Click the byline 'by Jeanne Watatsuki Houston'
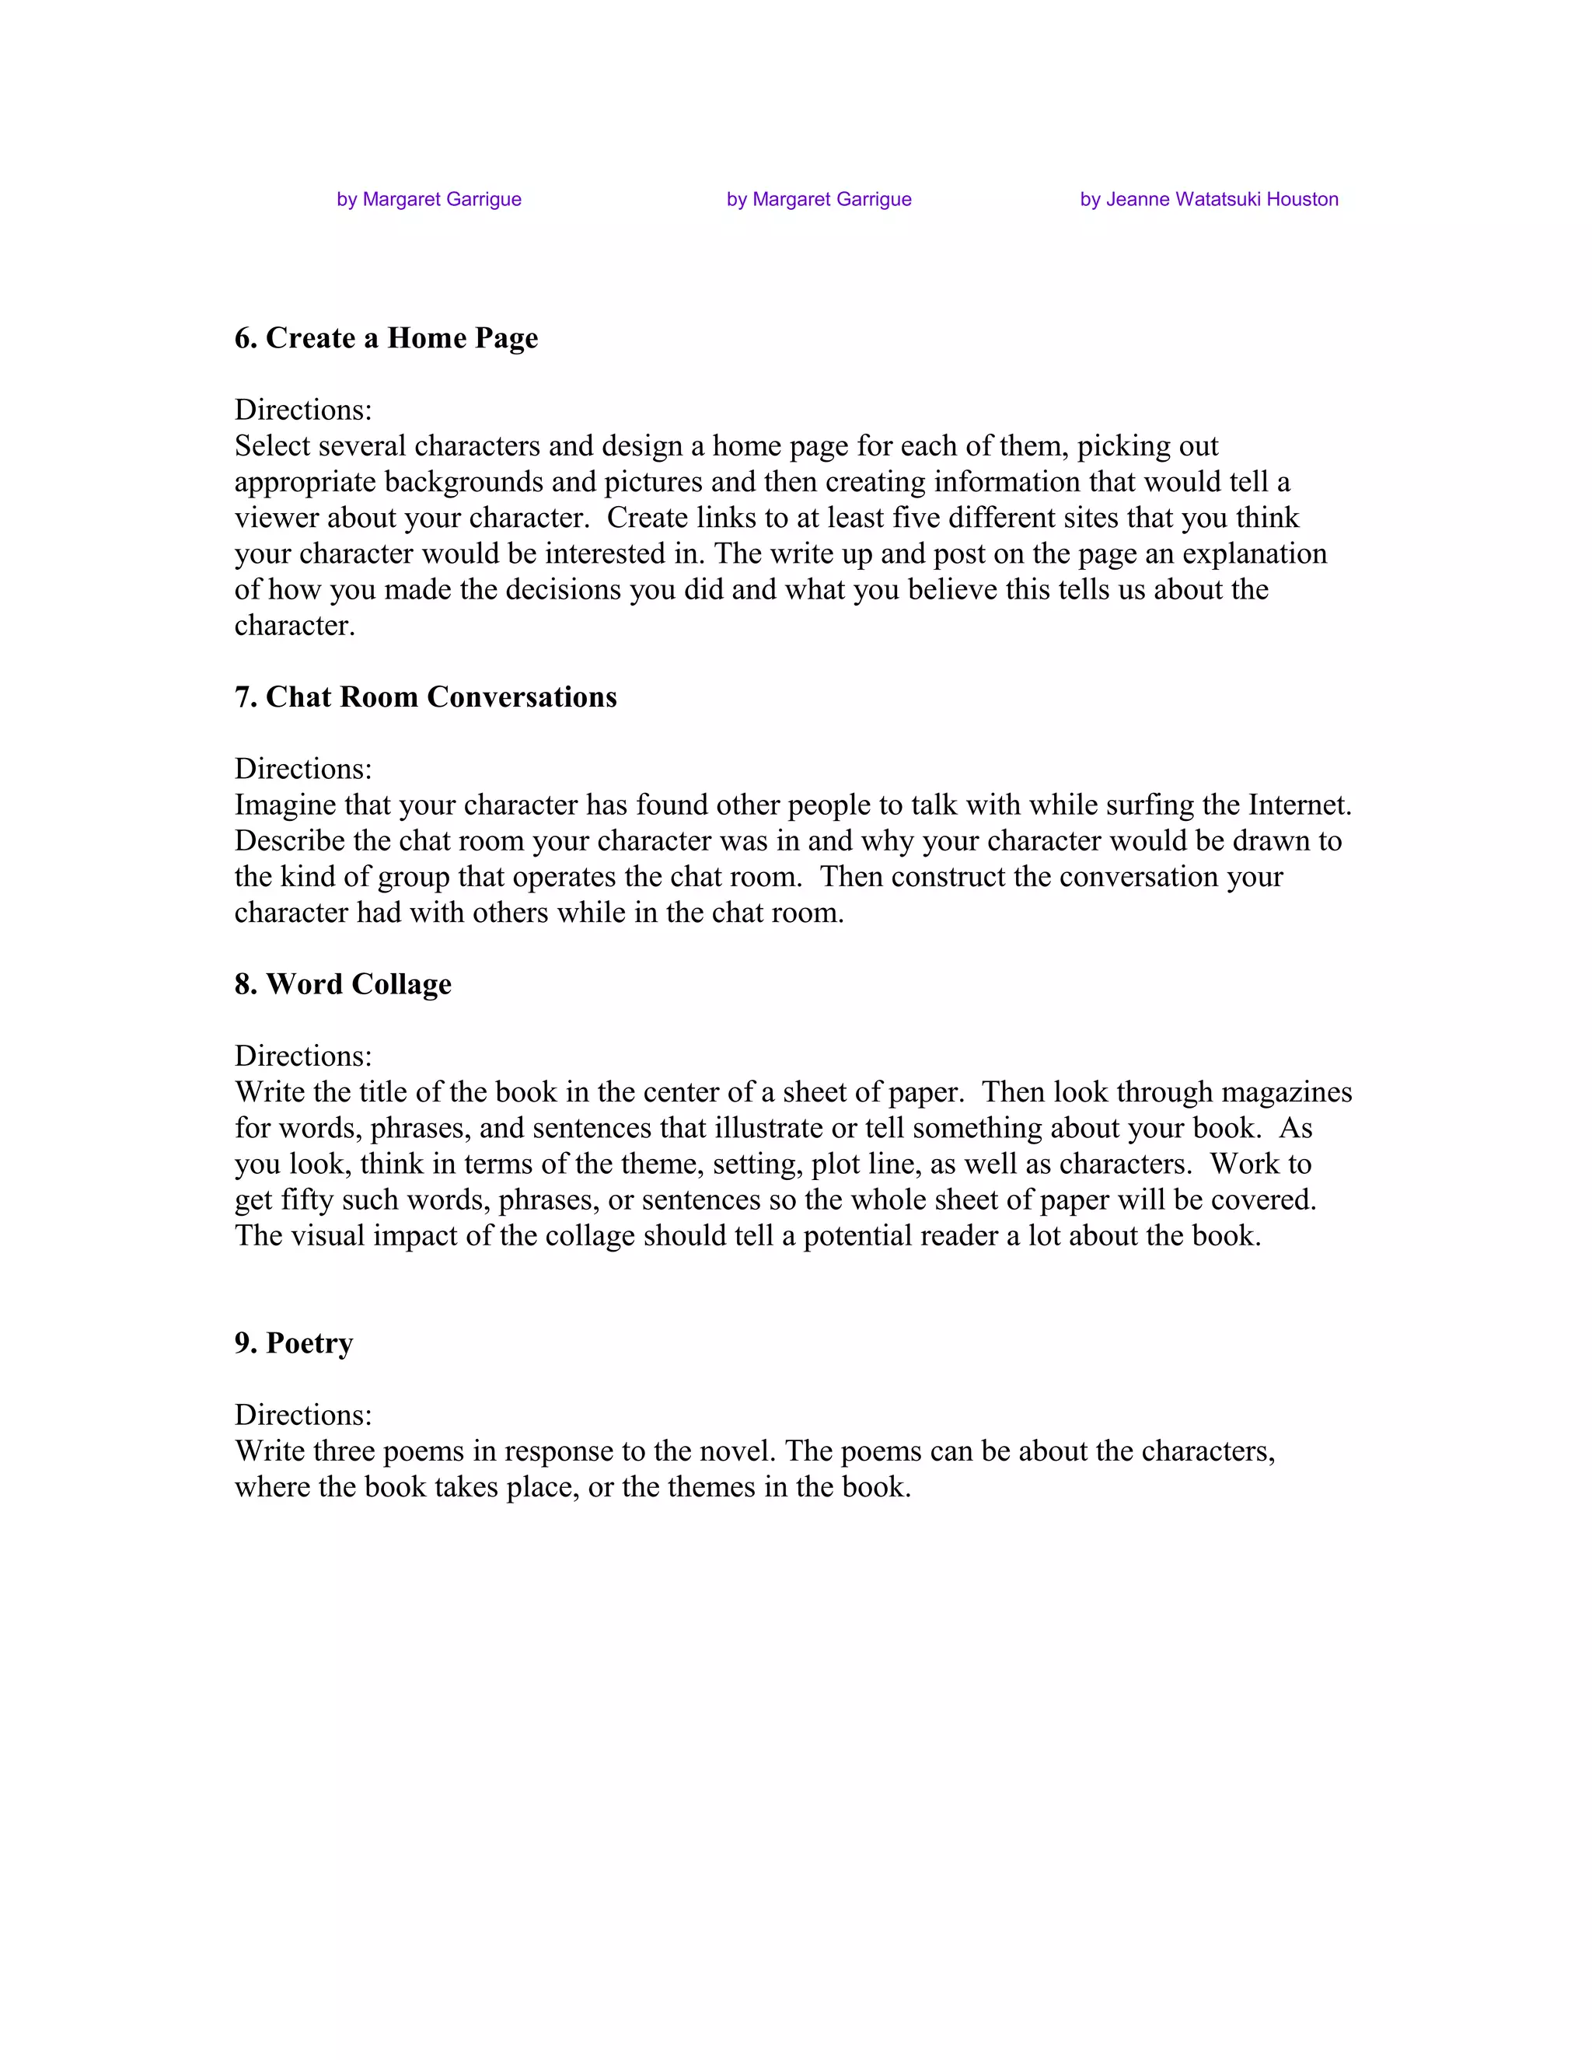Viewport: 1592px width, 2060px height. pyautogui.click(x=1208, y=199)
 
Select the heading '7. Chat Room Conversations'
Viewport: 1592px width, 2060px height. pyautogui.click(x=425, y=697)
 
